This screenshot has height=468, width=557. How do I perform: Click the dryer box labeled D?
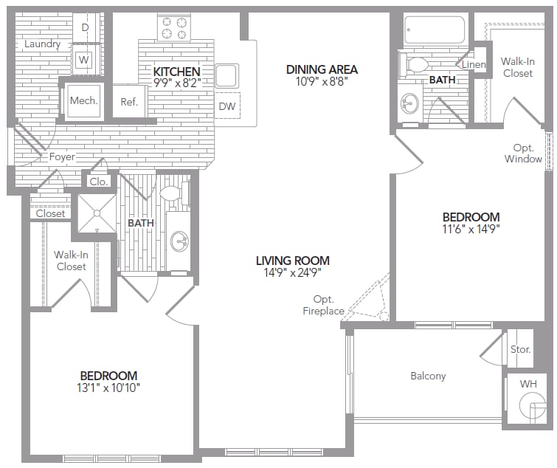pyautogui.click(x=85, y=27)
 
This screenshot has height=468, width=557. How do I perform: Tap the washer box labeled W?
pyautogui.click(x=85, y=58)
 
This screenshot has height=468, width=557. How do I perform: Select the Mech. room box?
pyautogui.click(x=84, y=100)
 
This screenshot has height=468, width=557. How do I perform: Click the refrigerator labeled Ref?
pyautogui.click(x=129, y=102)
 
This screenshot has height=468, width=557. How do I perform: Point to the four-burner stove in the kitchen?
pyautogui.click(x=173, y=27)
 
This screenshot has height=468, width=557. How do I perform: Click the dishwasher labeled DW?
pyautogui.click(x=227, y=107)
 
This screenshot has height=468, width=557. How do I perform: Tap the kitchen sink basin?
pyautogui.click(x=226, y=75)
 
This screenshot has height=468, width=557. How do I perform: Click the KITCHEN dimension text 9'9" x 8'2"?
pyautogui.click(x=176, y=83)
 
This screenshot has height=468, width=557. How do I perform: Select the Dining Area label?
pyautogui.click(x=322, y=69)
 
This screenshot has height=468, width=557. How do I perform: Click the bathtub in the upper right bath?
pyautogui.click(x=435, y=30)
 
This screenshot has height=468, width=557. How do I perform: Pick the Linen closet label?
pyautogui.click(x=474, y=65)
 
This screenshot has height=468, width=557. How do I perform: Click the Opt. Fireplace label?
pyautogui.click(x=324, y=305)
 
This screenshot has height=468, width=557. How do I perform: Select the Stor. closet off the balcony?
pyautogui.click(x=520, y=349)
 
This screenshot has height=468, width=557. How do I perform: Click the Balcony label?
pyautogui.click(x=428, y=376)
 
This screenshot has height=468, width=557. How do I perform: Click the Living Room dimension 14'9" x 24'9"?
pyautogui.click(x=292, y=272)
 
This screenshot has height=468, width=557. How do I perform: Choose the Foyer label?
pyautogui.click(x=63, y=156)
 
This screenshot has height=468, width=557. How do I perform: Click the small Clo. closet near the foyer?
pyautogui.click(x=98, y=181)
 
